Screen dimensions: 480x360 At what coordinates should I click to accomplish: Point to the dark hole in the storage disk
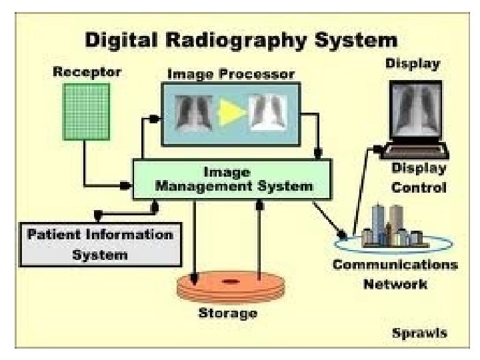[230, 282]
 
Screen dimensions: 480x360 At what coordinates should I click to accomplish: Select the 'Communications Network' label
[395, 275]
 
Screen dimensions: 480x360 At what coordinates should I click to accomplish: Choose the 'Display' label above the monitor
[413, 64]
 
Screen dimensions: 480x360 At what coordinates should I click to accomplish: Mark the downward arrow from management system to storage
[195, 240]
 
